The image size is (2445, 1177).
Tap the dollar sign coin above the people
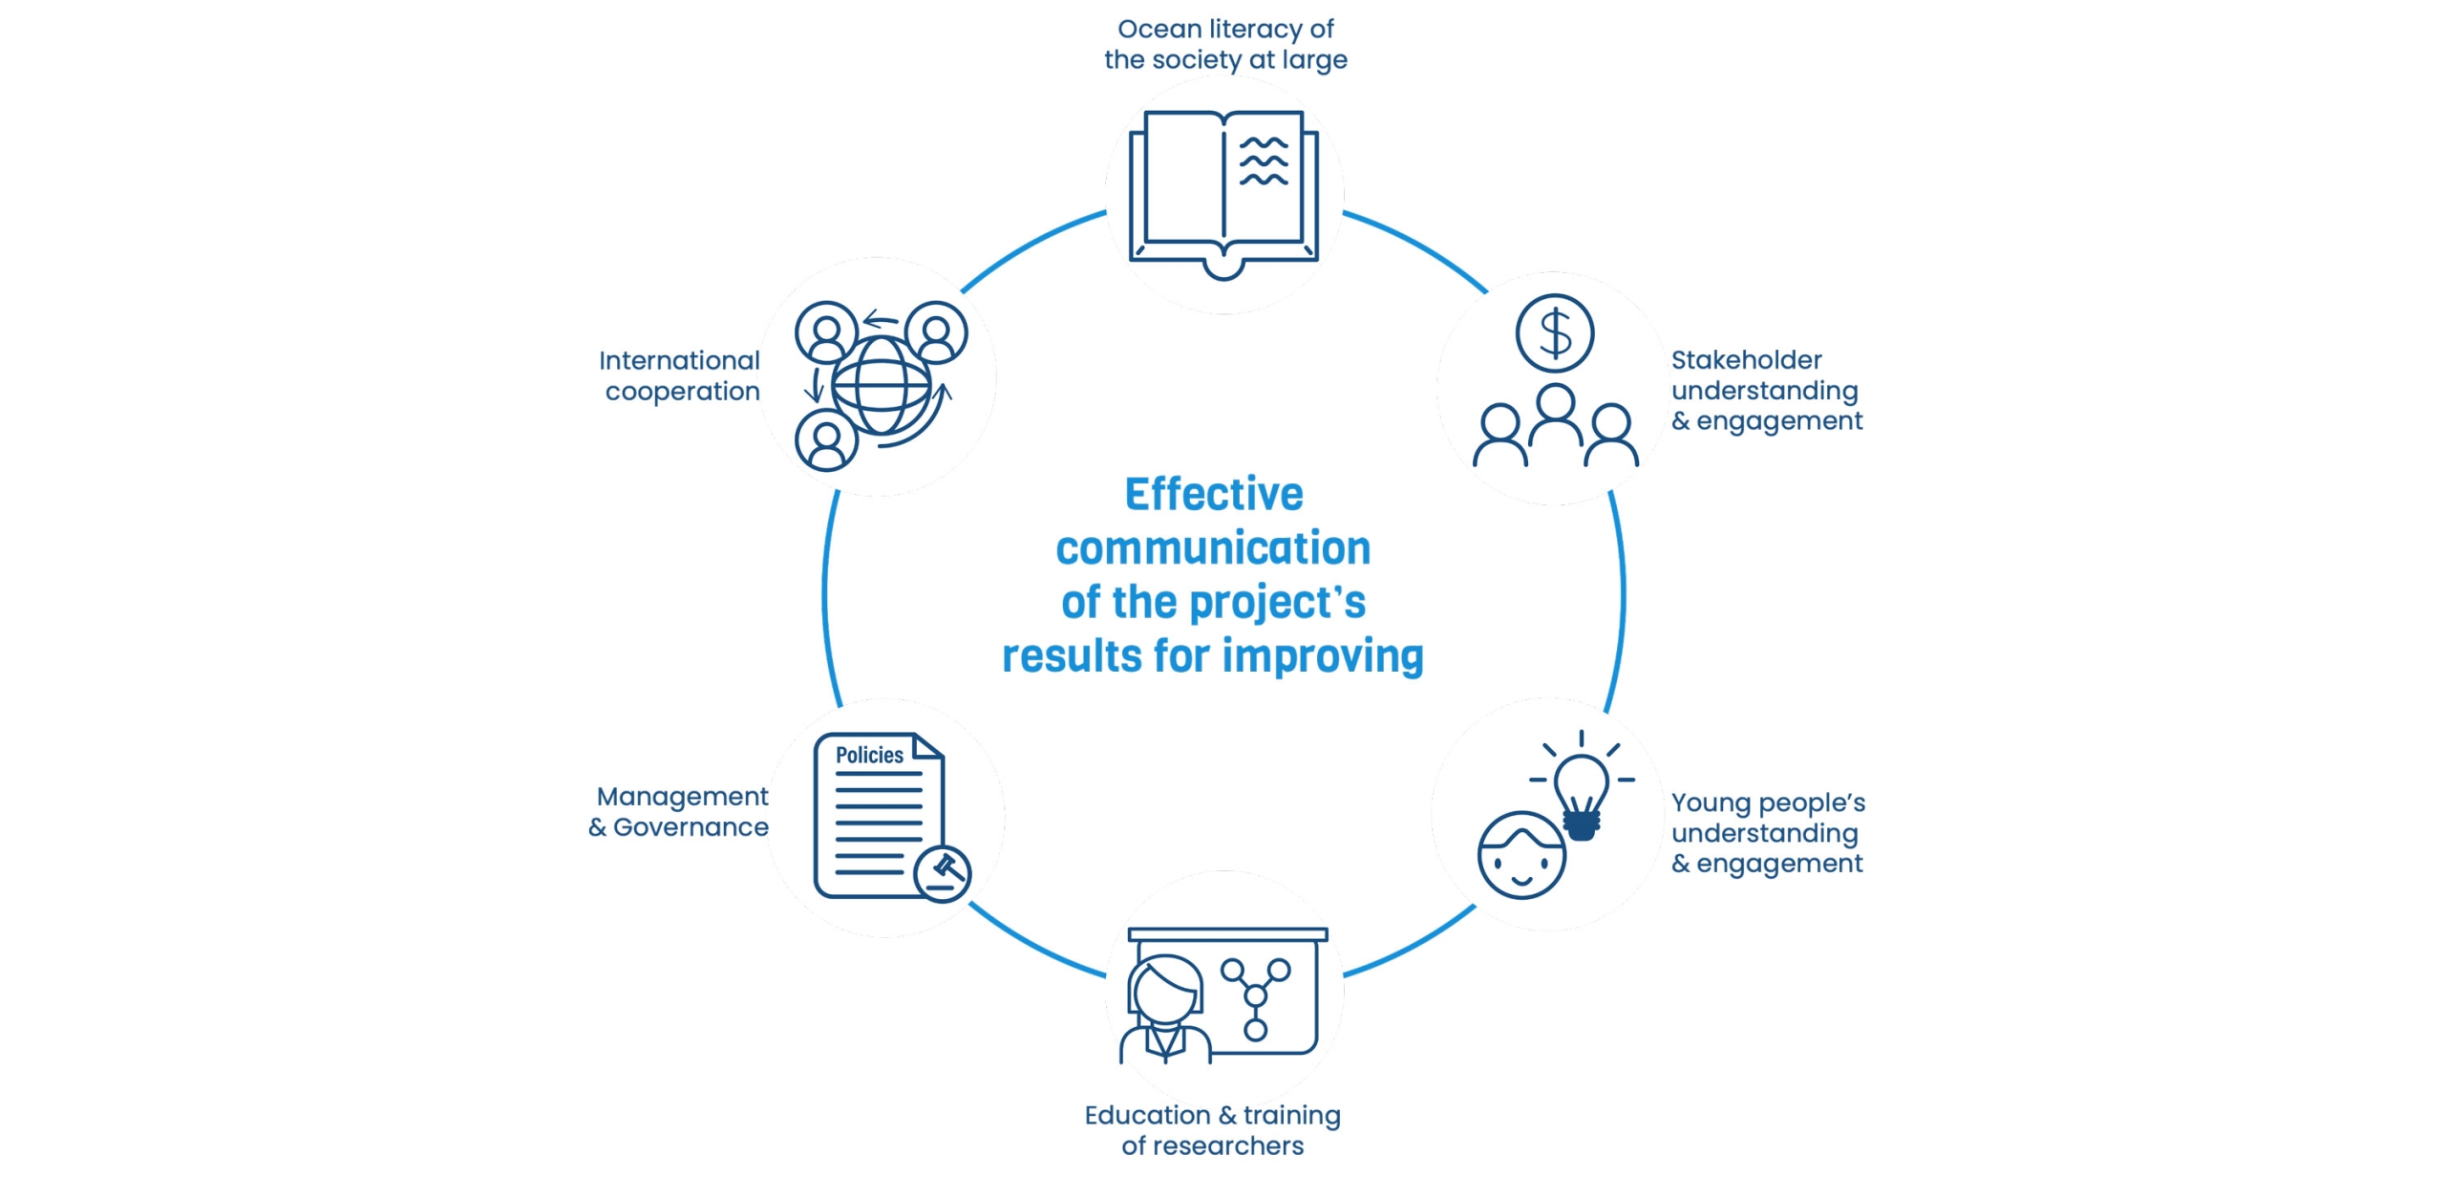[x=1555, y=333]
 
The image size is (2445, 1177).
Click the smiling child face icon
[x=1520, y=856]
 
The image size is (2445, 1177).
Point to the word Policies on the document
[x=869, y=755]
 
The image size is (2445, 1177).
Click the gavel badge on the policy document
[x=943, y=871]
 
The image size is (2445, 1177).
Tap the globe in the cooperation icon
[x=881, y=386]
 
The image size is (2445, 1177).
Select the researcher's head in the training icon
[x=1165, y=990]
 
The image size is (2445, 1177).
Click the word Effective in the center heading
[x=1214, y=495]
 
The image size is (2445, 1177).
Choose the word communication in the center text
[x=1213, y=548]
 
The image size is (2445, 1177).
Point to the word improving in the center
[x=1323, y=656]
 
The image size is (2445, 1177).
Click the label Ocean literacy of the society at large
[x=1225, y=44]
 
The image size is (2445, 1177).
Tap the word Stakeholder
[x=1746, y=360]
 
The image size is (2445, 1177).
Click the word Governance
[x=691, y=827]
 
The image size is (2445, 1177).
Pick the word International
[x=679, y=361]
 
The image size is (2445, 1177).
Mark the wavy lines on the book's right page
[x=1264, y=160]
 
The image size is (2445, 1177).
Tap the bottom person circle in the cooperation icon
[x=826, y=439]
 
